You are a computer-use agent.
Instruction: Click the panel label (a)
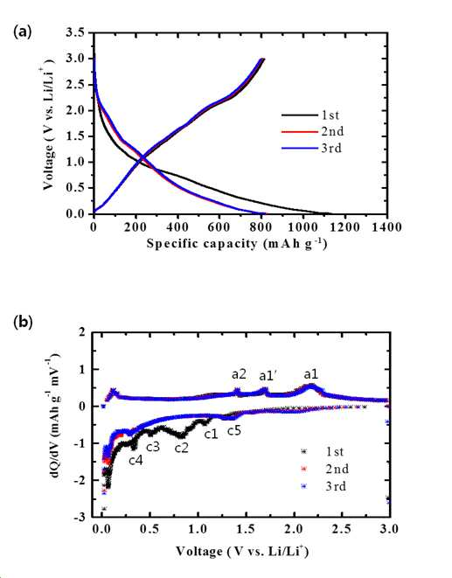pyautogui.click(x=23, y=32)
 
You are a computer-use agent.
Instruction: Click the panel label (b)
pyautogui.click(x=23, y=323)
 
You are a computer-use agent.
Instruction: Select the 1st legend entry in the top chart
pyautogui.click(x=310, y=115)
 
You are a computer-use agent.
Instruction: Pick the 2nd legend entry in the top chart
pyautogui.click(x=313, y=131)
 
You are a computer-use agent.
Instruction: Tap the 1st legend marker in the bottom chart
pyautogui.click(x=303, y=451)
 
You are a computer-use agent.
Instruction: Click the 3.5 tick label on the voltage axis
pyautogui.click(x=76, y=32)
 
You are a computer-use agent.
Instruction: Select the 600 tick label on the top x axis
pyautogui.click(x=219, y=226)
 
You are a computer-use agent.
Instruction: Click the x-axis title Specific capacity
pyautogui.click(x=237, y=244)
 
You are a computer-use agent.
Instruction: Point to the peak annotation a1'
pyautogui.click(x=268, y=376)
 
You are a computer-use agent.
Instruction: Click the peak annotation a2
pyautogui.click(x=239, y=374)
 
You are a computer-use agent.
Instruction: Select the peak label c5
pyautogui.click(x=234, y=430)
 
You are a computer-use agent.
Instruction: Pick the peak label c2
pyautogui.click(x=181, y=448)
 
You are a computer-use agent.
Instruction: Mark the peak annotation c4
pyautogui.click(x=136, y=461)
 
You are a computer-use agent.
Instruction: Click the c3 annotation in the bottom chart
pyautogui.click(x=153, y=447)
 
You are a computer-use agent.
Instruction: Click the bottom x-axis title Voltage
pyautogui.click(x=242, y=552)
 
